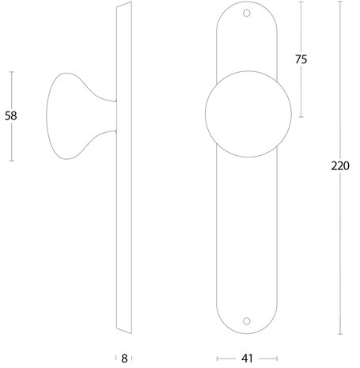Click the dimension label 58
point(11,116)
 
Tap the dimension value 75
point(300,59)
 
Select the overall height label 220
point(340,167)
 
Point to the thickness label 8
point(124,359)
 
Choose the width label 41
point(246,359)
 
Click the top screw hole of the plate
point(246,13)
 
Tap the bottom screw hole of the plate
point(246,321)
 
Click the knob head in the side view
point(63,116)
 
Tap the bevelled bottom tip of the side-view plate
point(120,329)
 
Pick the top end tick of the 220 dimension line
point(340,2)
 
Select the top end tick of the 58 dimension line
point(11,71)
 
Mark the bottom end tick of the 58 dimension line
point(11,161)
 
